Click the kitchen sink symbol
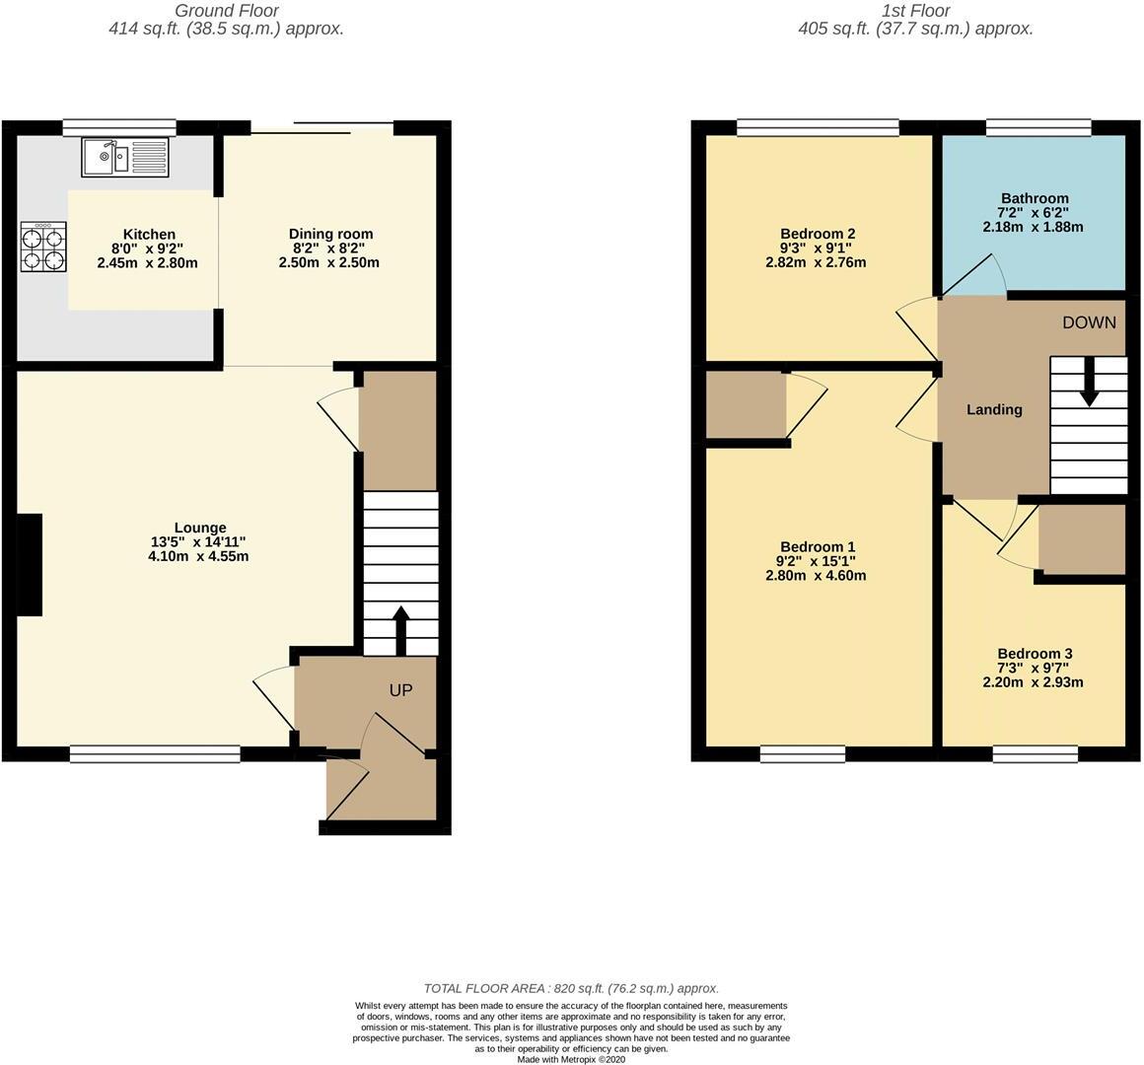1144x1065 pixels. click(126, 157)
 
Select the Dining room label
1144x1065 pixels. click(330, 234)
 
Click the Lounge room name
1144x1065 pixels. click(201, 528)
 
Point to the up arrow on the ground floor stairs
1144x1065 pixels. click(400, 629)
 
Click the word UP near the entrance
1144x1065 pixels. click(399, 690)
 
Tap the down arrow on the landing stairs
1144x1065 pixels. click(1089, 382)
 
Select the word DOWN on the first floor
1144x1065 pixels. click(1089, 322)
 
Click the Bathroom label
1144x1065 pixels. click(1034, 198)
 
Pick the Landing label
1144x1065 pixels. click(994, 409)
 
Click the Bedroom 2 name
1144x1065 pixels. click(817, 234)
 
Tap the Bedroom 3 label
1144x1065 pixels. click(1034, 654)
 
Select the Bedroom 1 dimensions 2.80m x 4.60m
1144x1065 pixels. click(817, 576)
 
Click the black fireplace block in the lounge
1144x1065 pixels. click(30, 565)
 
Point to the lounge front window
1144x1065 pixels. click(155, 754)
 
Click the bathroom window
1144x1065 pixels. click(1038, 127)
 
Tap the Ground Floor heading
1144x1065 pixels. click(226, 11)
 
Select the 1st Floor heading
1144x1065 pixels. click(915, 11)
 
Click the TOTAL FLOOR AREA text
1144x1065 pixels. click(571, 988)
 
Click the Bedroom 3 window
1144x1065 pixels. click(1035, 754)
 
